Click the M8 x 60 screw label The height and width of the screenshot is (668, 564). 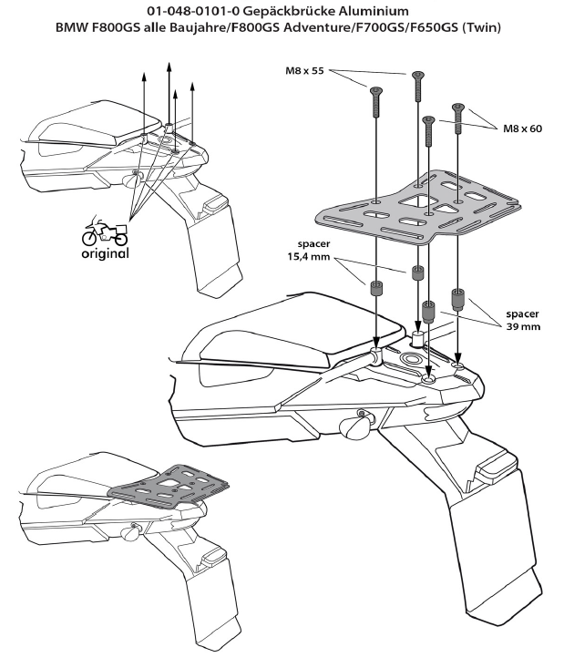522,128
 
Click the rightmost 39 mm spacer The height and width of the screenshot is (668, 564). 458,299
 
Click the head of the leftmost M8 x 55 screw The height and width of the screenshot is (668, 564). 374,89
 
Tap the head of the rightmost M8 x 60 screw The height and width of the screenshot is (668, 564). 458,107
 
